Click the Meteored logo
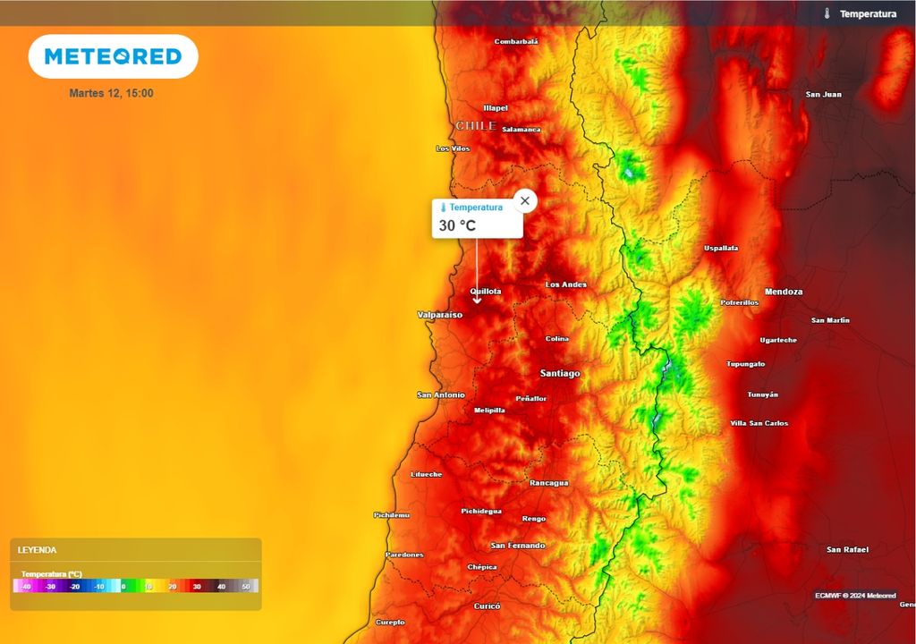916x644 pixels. (x=113, y=56)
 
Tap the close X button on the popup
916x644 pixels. (x=525, y=200)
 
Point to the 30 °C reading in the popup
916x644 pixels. (x=457, y=225)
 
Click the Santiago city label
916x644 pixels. (x=560, y=373)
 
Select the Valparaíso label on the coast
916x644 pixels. (x=440, y=315)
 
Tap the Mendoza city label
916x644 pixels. (x=784, y=292)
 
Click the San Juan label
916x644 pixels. (x=823, y=94)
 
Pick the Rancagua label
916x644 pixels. (x=549, y=483)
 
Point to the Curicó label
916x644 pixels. (x=487, y=606)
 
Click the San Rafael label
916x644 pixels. (x=847, y=549)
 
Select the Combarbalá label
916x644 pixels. (x=516, y=41)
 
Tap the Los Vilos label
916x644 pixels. (x=453, y=148)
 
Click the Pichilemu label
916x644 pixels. (x=391, y=515)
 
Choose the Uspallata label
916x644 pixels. (x=721, y=248)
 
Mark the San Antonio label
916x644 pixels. (x=441, y=394)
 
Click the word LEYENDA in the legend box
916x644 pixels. (x=37, y=550)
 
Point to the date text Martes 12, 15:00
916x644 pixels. (x=111, y=93)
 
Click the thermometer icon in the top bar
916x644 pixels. (x=827, y=13)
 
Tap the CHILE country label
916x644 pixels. (x=476, y=126)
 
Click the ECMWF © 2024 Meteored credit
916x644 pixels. (x=855, y=595)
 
